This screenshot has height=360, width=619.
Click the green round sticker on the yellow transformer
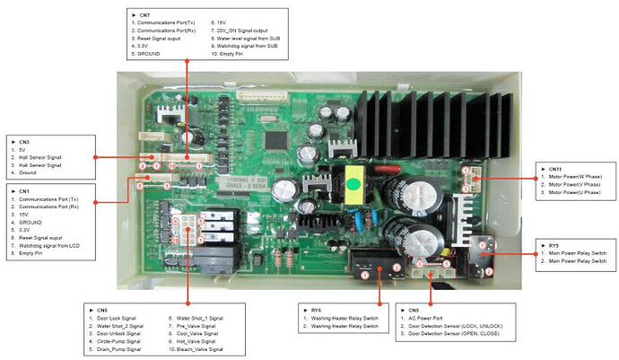(x=353, y=187)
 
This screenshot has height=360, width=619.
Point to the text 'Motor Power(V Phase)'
(x=569, y=185)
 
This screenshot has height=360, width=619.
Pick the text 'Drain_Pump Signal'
(x=117, y=350)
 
